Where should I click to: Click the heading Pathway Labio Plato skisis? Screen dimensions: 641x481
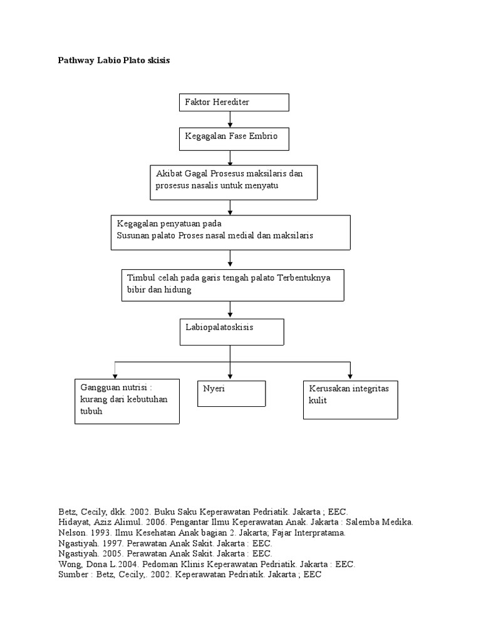click(113, 61)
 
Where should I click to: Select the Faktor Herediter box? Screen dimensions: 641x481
click(234, 102)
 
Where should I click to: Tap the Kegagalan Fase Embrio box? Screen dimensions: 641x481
click(234, 139)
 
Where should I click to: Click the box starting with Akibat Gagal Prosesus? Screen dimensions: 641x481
click(234, 182)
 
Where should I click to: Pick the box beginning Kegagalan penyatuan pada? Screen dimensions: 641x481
click(230, 232)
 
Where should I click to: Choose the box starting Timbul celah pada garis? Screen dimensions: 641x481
click(232, 285)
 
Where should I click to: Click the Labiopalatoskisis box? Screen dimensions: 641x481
click(232, 332)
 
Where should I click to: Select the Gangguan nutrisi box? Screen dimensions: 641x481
click(127, 401)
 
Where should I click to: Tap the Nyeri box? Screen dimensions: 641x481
click(231, 393)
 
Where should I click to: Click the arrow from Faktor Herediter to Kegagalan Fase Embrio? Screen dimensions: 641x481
click(230, 120)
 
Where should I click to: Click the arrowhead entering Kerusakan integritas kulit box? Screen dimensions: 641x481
click(350, 375)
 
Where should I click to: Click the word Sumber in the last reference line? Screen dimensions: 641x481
click(73, 574)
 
